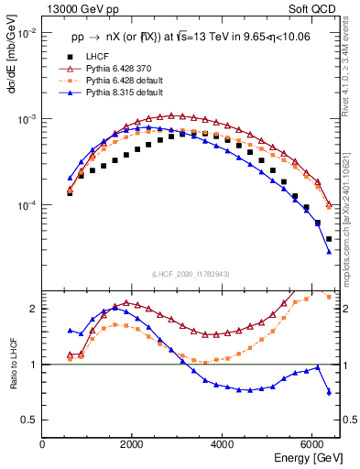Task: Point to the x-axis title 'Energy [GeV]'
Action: pos(309,458)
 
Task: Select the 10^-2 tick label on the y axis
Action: pos(24,33)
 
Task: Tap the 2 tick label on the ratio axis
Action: pos(35,309)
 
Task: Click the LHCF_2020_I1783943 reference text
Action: pos(191,275)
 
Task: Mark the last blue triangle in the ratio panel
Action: pos(329,392)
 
